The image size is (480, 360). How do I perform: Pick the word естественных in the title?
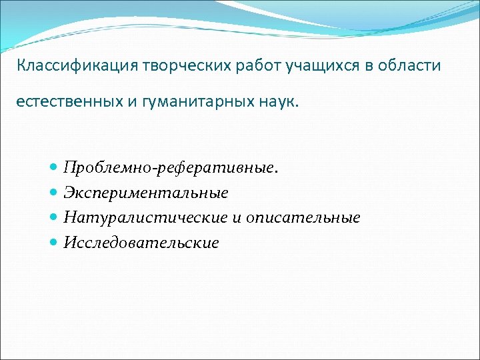64,103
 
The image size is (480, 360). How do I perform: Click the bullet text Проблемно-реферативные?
171,168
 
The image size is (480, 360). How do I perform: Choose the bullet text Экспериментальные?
146,193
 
